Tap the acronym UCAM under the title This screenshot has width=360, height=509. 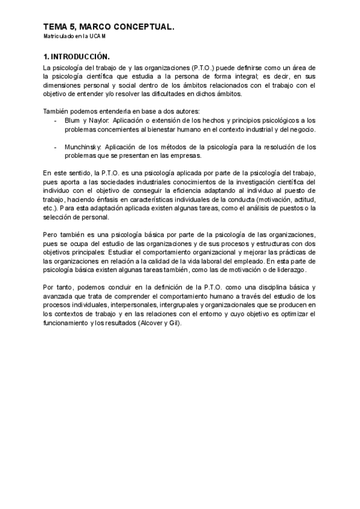(101, 37)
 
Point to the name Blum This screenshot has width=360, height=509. (73, 121)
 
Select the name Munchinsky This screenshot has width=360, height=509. (85, 147)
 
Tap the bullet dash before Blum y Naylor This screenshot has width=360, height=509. (55, 121)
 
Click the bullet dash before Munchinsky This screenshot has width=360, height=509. (55, 147)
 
